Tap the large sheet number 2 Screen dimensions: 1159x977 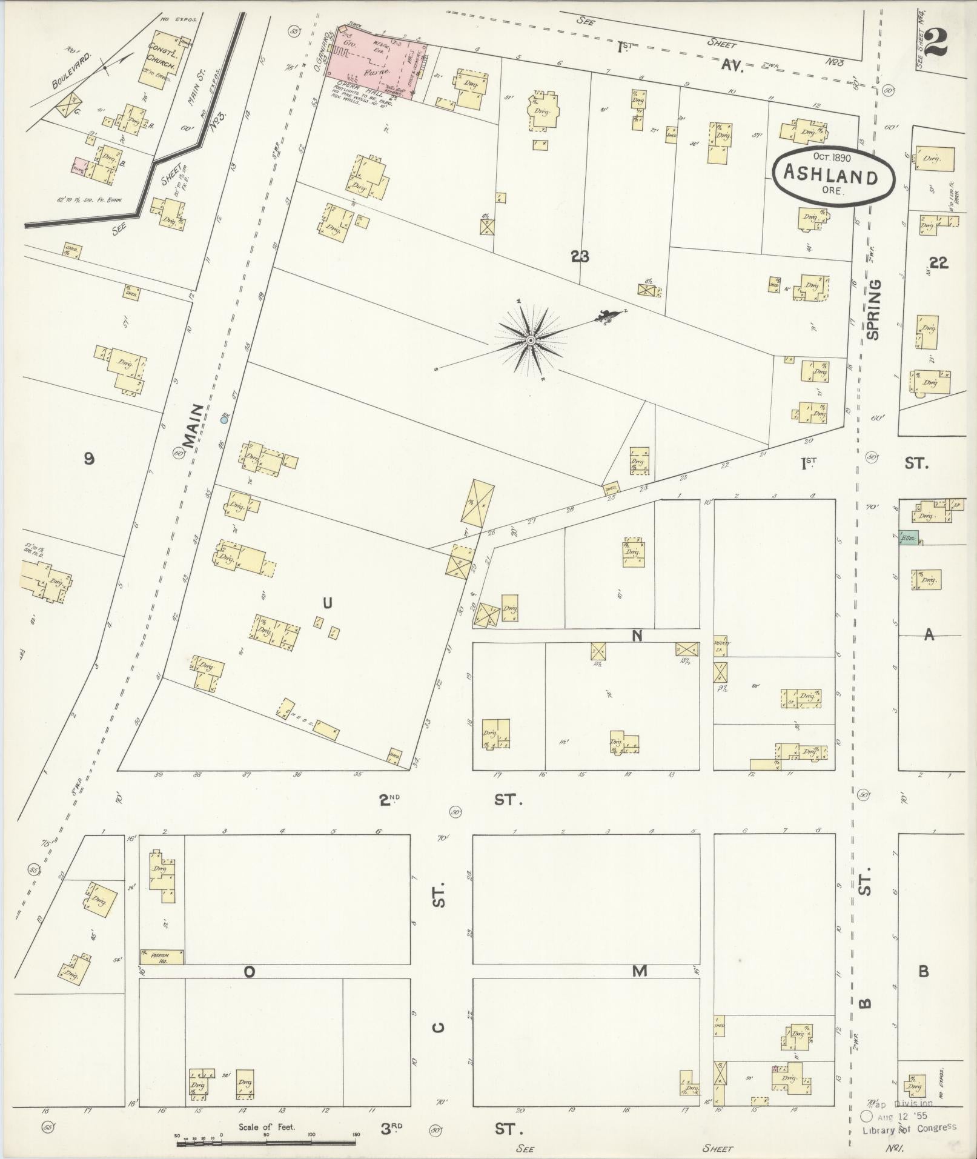point(937,42)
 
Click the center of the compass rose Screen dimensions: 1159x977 point(531,340)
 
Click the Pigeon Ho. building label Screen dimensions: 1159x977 point(162,957)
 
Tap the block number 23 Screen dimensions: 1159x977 point(580,257)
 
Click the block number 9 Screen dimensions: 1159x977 point(89,459)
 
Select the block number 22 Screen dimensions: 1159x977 point(938,262)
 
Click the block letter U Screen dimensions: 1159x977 point(327,602)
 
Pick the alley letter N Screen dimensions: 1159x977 point(637,636)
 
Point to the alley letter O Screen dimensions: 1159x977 point(249,972)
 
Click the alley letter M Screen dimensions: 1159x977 point(640,971)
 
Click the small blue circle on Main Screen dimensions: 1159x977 point(224,419)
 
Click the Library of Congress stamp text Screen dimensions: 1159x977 point(909,1127)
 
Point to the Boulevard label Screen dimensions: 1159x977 point(71,71)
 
